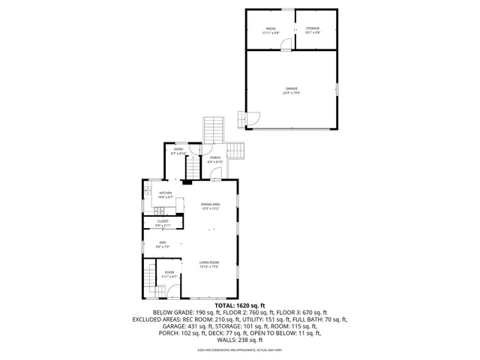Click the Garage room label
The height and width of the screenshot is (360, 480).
[290, 91]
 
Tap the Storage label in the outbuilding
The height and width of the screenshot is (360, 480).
[312, 30]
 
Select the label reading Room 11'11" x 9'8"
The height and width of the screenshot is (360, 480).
[271, 30]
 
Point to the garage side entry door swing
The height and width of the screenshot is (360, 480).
[251, 118]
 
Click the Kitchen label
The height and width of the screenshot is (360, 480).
[166, 194]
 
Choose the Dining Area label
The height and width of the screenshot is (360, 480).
[210, 206]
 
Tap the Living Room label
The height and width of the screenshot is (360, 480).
[208, 264]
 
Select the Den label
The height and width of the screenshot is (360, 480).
[163, 244]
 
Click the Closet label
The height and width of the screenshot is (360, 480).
[163, 223]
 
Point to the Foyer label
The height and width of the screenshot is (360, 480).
[169, 274]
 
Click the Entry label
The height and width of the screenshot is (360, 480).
[178, 151]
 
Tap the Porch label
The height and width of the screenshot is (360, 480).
[215, 160]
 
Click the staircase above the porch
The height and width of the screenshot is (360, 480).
[214, 130]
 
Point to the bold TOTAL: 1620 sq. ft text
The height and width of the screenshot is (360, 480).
[240, 305]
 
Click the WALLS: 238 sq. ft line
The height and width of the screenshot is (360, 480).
[240, 339]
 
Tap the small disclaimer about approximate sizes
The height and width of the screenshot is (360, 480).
[240, 349]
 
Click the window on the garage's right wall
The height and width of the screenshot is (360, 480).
[337, 90]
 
